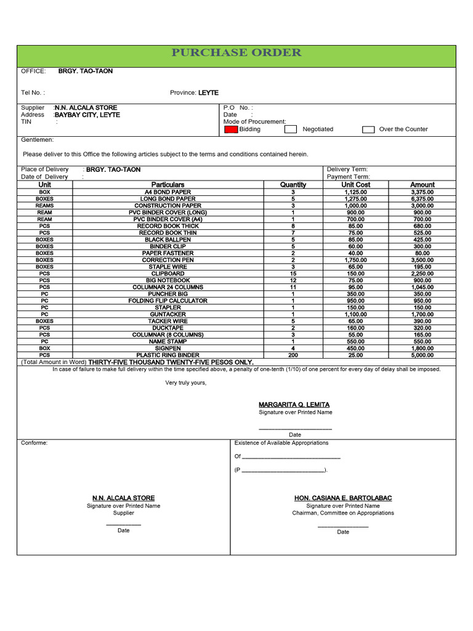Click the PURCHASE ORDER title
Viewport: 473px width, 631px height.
pyautogui.click(x=236, y=52)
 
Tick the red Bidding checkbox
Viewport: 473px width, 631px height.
pyautogui.click(x=230, y=129)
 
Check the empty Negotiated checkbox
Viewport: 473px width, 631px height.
pyautogui.click(x=291, y=129)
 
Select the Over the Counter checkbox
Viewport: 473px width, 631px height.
pyautogui.click(x=368, y=129)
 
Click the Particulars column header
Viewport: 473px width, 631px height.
pyautogui.click(x=168, y=184)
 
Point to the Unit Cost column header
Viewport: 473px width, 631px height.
pyautogui.click(x=355, y=184)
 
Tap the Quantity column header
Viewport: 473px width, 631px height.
pyautogui.click(x=293, y=184)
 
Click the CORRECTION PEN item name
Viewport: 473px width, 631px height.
pyautogui.click(x=168, y=260)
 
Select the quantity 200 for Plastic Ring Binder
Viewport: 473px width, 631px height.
pyautogui.click(x=293, y=355)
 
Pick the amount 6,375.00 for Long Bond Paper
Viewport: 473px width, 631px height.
pyautogui.click(x=422, y=199)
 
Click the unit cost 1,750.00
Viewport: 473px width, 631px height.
pyautogui.click(x=355, y=260)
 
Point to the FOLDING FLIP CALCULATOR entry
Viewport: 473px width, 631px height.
pyautogui.click(x=168, y=301)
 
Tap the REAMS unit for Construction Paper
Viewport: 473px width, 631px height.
pyautogui.click(x=44, y=206)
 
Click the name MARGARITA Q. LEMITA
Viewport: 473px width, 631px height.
pyautogui.click(x=294, y=404)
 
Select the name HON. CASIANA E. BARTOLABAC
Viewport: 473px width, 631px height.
pyautogui.click(x=343, y=498)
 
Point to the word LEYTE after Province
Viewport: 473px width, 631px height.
pyautogui.click(x=208, y=92)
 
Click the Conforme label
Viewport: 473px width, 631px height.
pyautogui.click(x=34, y=442)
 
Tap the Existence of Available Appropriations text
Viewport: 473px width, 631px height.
pyautogui.click(x=281, y=442)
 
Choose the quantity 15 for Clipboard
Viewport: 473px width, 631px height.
pyautogui.click(x=293, y=274)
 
